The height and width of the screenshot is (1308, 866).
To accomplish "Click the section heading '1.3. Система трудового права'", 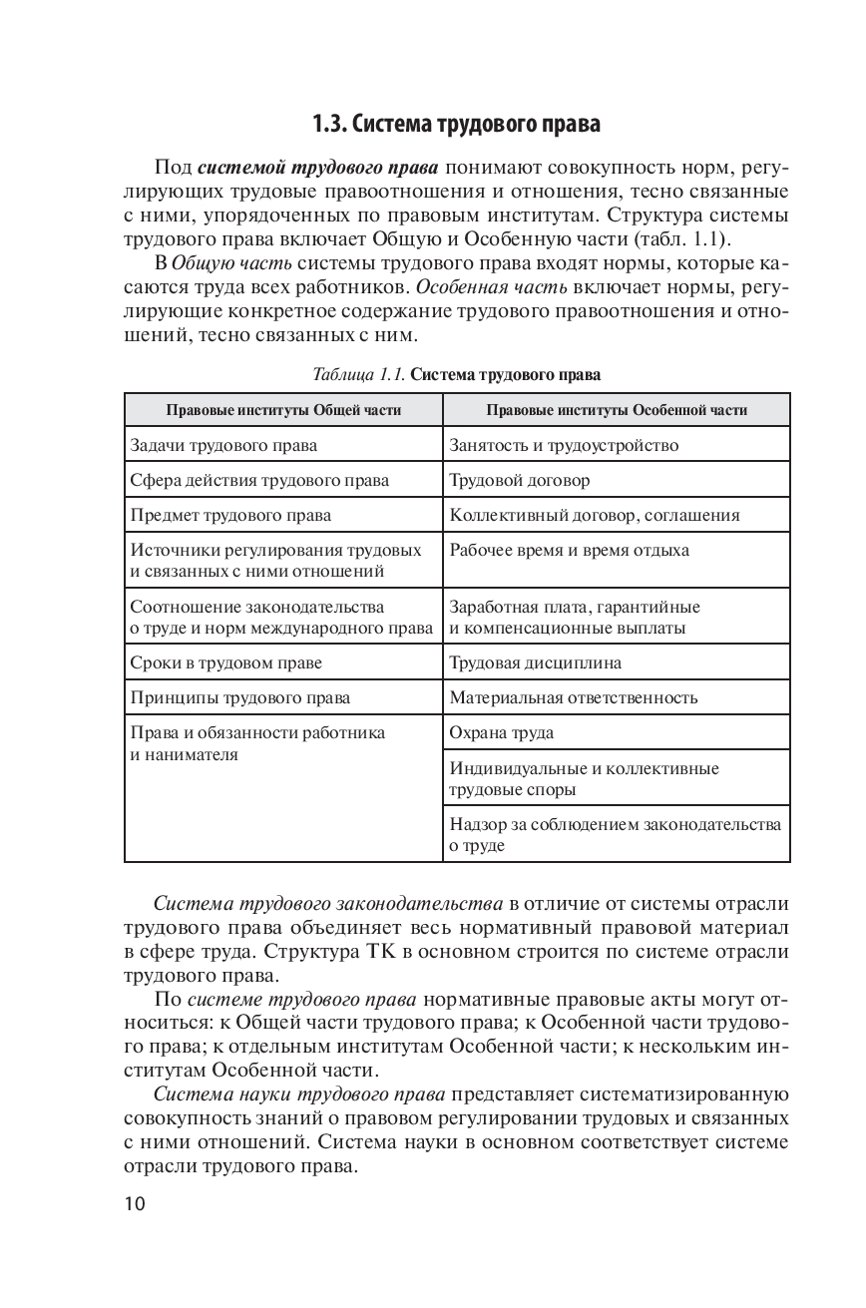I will click(456, 126).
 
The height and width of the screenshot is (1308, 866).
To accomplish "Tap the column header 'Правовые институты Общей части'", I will click(283, 410).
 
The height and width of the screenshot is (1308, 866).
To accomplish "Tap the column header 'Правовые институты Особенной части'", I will click(616, 410).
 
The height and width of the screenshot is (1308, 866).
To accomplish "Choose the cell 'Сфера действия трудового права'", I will click(259, 480).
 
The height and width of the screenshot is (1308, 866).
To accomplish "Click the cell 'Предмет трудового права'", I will click(230, 515).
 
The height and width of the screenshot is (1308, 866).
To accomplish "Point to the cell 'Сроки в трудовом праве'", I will click(226, 661).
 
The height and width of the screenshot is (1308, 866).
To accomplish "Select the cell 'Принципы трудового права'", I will click(240, 697).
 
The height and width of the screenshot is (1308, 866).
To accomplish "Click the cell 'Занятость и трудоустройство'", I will click(565, 445).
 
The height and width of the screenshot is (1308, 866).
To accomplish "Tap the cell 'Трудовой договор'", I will click(520, 480).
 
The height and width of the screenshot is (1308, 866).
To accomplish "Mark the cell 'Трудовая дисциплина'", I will click(536, 661).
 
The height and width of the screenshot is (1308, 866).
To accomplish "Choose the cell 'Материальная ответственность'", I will click(574, 697).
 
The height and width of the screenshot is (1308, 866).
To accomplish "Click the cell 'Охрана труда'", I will click(502, 733).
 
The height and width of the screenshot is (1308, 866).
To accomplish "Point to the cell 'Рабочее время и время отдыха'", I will click(569, 550).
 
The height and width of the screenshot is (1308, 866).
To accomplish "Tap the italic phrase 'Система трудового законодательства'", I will click(328, 905).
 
